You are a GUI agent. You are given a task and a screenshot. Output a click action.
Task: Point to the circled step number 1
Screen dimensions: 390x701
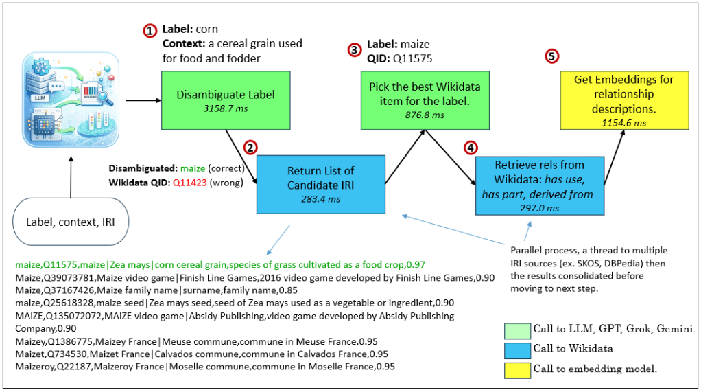pyautogui.click(x=150, y=31)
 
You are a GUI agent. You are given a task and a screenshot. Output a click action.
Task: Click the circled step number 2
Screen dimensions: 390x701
pyautogui.click(x=251, y=147)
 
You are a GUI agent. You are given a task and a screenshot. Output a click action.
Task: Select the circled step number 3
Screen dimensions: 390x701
pyautogui.click(x=354, y=49)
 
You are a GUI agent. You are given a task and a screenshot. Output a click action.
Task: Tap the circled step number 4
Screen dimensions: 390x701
pyautogui.click(x=469, y=147)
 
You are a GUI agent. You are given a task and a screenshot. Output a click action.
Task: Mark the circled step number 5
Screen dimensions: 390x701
pyautogui.click(x=552, y=57)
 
